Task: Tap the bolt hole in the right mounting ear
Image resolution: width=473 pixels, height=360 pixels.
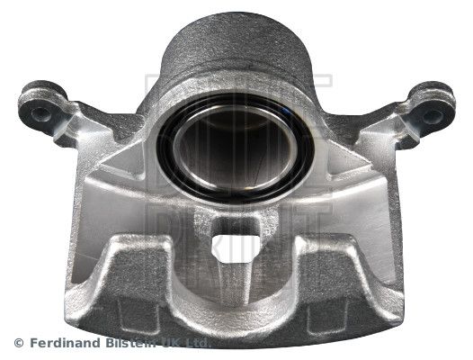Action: click(433, 115)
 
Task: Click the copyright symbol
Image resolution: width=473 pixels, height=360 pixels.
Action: click(20, 342)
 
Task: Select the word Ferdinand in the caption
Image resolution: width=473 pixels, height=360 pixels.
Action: click(64, 342)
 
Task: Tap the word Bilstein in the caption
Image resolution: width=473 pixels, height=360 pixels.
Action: click(136, 342)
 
